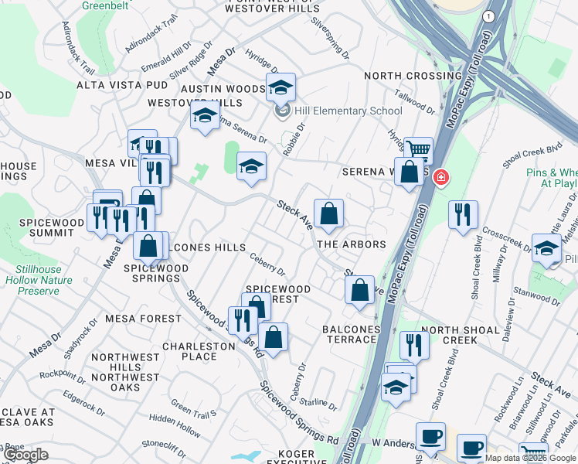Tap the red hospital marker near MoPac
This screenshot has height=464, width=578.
tap(440, 178)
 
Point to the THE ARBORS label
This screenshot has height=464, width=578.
tap(352, 244)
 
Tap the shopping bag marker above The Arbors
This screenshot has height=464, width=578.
tap(328, 213)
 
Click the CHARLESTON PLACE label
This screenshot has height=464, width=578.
tap(199, 351)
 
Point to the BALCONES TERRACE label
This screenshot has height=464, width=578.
tap(352, 335)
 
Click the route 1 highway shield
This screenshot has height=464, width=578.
tap(488, 15)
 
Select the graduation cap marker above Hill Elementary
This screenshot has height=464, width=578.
tap(281, 87)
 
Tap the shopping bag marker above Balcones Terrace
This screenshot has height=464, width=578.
tap(359, 290)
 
